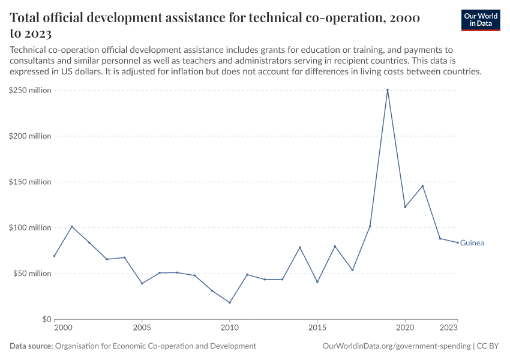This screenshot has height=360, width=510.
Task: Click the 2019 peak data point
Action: point(388,90)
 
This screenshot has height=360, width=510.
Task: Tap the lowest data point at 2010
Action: point(229,302)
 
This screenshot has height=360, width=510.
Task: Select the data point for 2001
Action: point(71,227)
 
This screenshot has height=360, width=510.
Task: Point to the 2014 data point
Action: point(299,247)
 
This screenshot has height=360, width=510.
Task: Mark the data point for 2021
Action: point(422,186)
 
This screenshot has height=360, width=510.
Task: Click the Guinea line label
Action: point(472,243)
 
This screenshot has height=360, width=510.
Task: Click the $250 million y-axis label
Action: point(29,90)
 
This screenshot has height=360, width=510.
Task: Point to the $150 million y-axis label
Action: point(29,182)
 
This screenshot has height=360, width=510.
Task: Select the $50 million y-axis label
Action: point(31,274)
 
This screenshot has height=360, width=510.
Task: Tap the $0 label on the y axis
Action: point(46,319)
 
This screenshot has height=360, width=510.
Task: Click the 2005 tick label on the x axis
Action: point(142,328)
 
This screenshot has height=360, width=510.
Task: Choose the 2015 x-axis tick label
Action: point(317,328)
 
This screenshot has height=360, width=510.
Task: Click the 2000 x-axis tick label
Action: point(62,328)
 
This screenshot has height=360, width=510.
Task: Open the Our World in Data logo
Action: point(481,20)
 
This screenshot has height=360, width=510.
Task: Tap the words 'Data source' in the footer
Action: point(31,346)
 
